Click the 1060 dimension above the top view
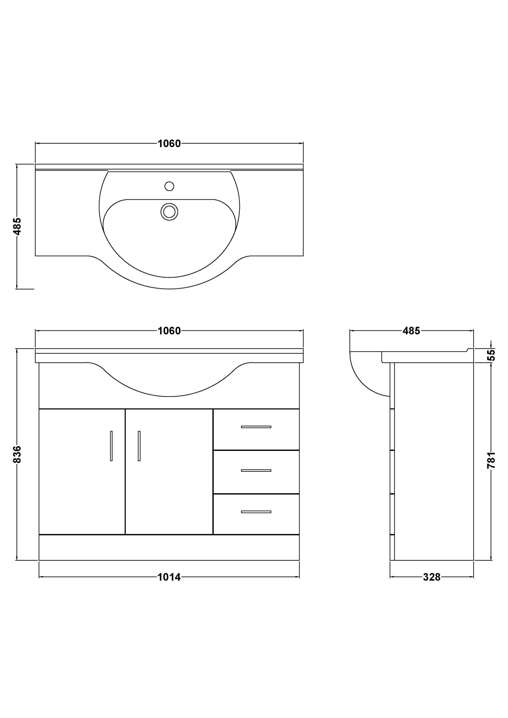[169, 144]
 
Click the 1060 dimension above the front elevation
[169, 331]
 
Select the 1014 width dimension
[169, 577]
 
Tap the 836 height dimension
[17, 454]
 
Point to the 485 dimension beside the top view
[17, 226]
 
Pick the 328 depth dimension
[432, 577]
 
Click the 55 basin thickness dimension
[492, 355]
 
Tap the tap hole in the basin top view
[169, 187]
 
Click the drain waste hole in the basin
[169, 212]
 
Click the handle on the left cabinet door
[111, 446]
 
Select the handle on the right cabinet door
[139, 446]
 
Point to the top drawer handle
[256, 427]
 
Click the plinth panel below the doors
[169, 547]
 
